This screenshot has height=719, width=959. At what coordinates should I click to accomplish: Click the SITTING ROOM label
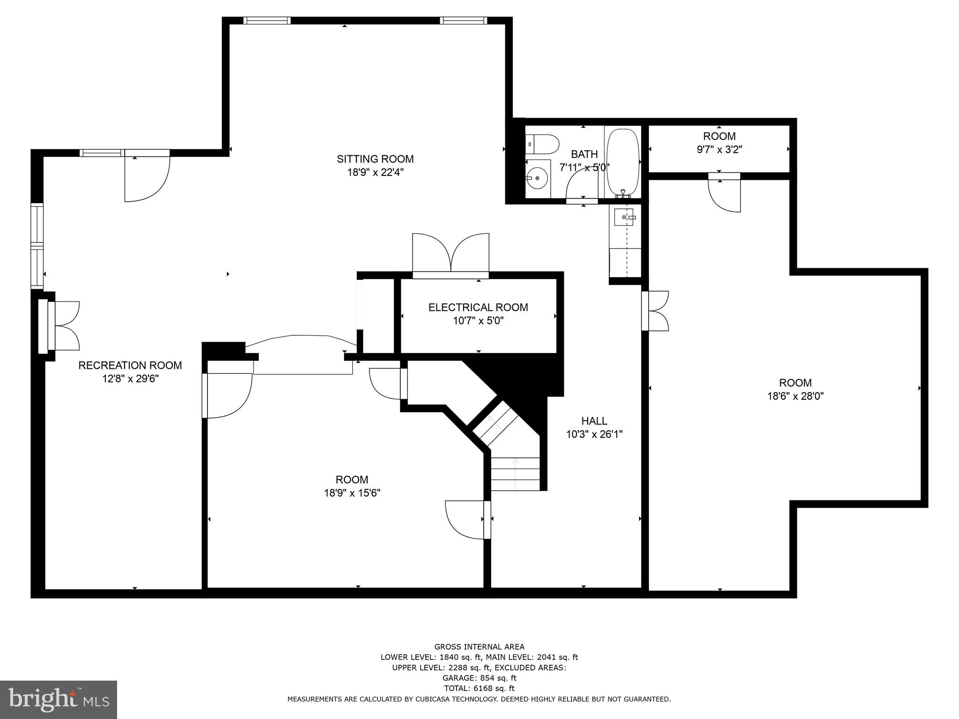click(375, 159)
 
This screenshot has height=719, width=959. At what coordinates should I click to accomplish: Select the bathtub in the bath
click(623, 162)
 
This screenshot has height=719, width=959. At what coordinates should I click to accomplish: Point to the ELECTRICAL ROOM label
click(478, 308)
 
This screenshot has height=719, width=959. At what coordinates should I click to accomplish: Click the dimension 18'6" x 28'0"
click(795, 396)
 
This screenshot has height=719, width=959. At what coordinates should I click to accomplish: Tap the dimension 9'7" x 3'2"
click(719, 150)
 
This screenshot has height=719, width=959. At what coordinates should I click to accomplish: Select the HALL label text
click(594, 421)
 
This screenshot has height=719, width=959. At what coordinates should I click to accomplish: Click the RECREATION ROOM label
click(130, 366)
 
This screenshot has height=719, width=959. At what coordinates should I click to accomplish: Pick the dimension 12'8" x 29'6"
click(131, 379)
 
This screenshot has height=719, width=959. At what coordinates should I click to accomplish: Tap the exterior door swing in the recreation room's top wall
click(146, 177)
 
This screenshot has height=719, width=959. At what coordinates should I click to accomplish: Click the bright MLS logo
click(58, 699)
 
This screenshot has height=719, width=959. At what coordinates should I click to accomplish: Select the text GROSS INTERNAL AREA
click(479, 647)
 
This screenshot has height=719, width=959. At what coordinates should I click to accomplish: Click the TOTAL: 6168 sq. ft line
click(479, 688)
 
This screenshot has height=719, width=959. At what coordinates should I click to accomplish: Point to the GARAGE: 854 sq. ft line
click(479, 678)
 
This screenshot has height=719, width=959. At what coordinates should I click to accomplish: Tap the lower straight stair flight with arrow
click(515, 474)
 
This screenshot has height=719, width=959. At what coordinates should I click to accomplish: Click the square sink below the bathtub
click(623, 217)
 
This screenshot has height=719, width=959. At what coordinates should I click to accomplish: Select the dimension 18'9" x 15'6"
click(352, 493)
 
